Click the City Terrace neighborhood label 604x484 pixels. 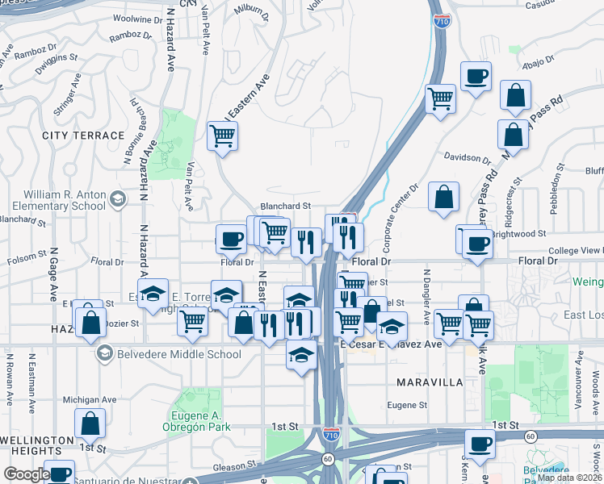click(83, 136)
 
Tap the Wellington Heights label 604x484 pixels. click(36, 446)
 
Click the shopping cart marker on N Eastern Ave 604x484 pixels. click(222, 136)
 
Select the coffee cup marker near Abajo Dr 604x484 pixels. click(476, 77)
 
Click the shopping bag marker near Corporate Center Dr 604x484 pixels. click(443, 197)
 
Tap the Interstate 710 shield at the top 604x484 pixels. click(442, 20)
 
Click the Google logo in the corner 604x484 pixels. click(27, 474)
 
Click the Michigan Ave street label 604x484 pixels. click(90, 399)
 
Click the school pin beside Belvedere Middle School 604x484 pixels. click(104, 354)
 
